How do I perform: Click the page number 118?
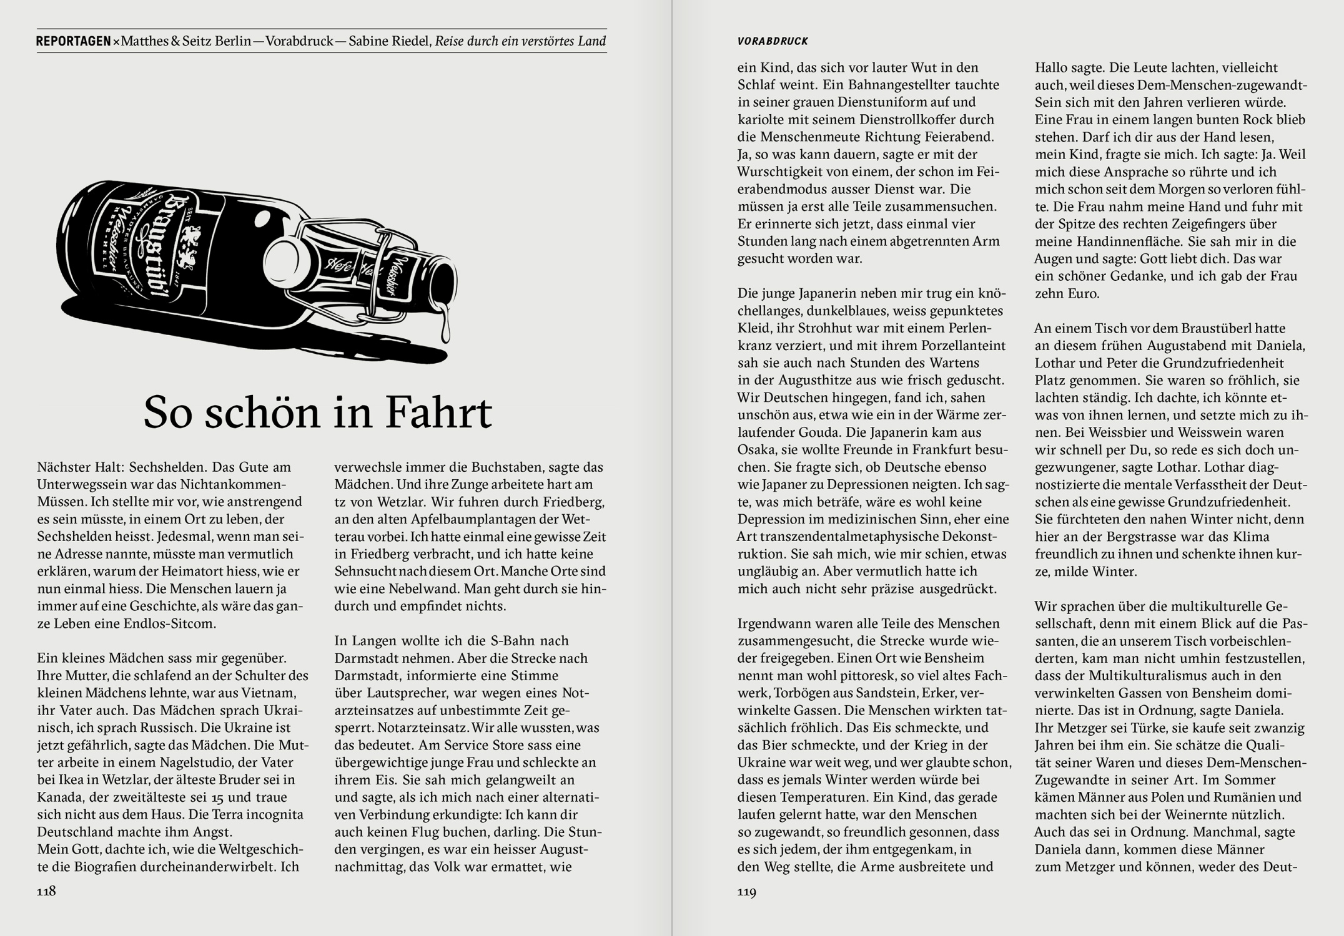[x=46, y=891]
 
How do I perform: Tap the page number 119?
[x=746, y=892]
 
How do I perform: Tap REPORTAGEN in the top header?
[x=73, y=42]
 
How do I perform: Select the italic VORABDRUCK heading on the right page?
[x=773, y=42]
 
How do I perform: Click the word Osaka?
[x=756, y=450]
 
